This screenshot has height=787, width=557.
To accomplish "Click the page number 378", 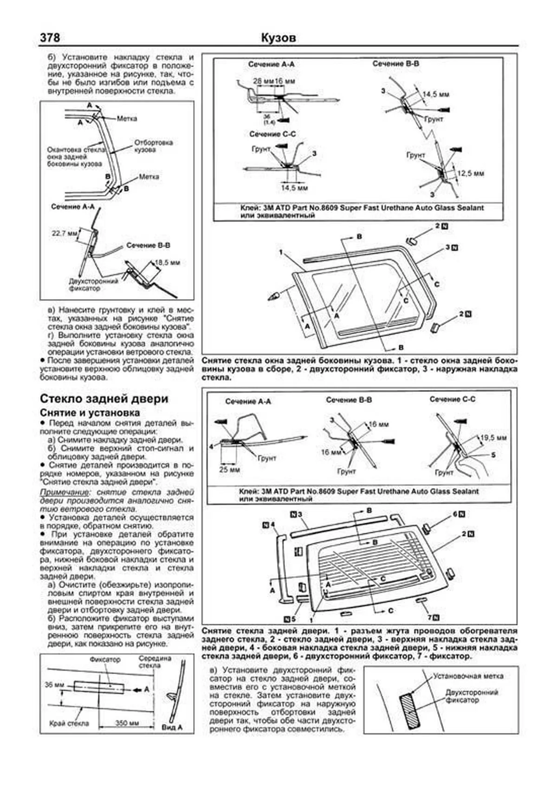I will click(50, 38).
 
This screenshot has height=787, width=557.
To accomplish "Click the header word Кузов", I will click(278, 38).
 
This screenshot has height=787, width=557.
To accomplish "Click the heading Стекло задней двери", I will click(104, 399).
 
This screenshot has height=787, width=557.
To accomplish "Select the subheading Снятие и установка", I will click(90, 413).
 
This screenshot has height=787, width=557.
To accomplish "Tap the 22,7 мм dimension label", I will click(64, 233).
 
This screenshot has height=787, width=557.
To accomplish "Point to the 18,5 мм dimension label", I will click(168, 262).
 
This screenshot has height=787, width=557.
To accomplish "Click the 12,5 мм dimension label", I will click(471, 173).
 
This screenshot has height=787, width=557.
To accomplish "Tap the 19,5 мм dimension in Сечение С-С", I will click(493, 437).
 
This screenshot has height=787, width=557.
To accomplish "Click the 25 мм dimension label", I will click(230, 470).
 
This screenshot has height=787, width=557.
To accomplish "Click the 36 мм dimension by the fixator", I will click(54, 685).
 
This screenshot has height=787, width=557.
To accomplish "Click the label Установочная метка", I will click(468, 676).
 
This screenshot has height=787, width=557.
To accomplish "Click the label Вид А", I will click(171, 728).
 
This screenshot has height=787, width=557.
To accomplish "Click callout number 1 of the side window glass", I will click(281, 252).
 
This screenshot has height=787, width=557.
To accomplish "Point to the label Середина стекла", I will click(155, 662).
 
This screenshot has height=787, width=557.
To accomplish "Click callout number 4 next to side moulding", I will click(273, 525).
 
